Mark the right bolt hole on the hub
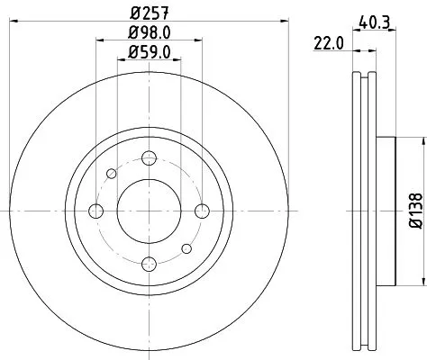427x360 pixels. point(200,211)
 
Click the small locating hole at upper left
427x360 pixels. point(111,174)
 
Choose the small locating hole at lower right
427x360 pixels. point(186,248)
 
